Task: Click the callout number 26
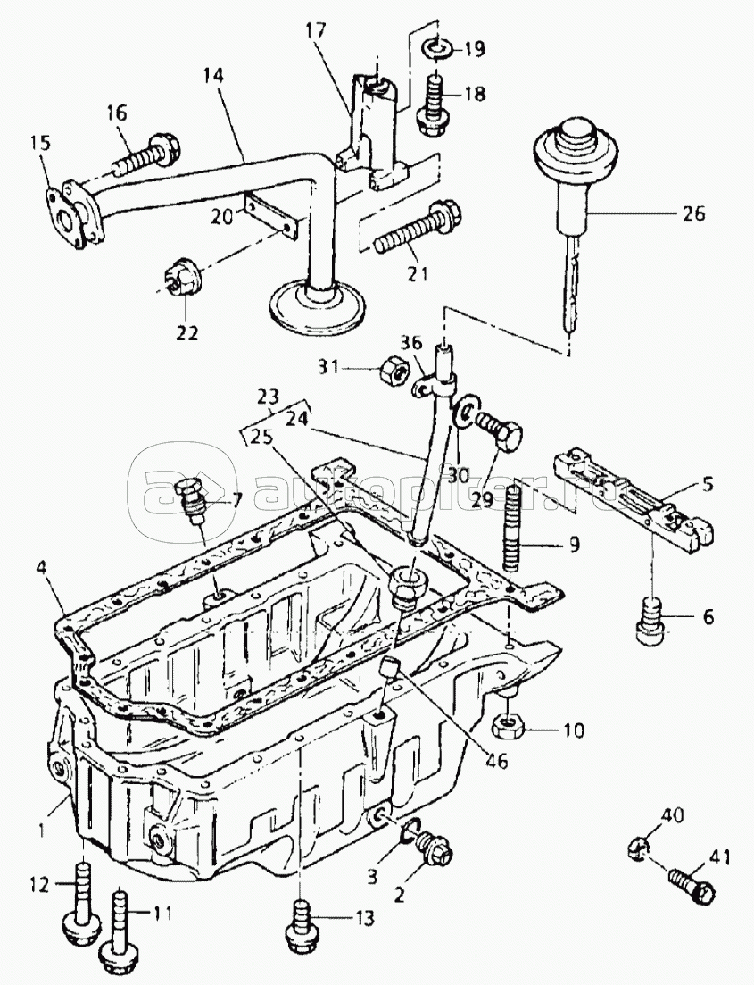[x=692, y=213]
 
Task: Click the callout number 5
[x=707, y=484]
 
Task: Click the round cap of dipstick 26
[x=576, y=146]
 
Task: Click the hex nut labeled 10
[x=507, y=727]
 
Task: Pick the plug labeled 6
[x=652, y=621]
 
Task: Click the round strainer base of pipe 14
[x=317, y=308]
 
